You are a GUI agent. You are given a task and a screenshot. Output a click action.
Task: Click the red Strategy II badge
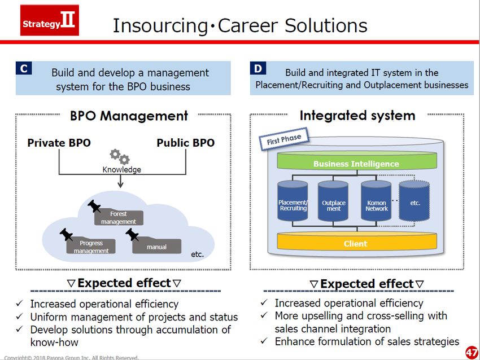(x=50, y=20)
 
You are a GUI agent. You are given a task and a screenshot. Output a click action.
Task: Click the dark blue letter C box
(x=24, y=68)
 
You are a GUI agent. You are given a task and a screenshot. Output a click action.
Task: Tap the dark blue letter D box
(x=258, y=68)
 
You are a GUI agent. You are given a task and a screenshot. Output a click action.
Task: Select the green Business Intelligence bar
(x=357, y=161)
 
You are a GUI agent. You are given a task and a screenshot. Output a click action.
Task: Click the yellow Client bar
(x=357, y=242)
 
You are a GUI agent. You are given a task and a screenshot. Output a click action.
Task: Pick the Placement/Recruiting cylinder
(x=293, y=201)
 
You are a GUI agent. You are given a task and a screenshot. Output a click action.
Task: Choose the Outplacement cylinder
(x=333, y=201)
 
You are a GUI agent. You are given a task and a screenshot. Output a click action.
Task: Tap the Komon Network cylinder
(x=376, y=201)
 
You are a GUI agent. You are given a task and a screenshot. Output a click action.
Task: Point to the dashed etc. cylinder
(x=414, y=201)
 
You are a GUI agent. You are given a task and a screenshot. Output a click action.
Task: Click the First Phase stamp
(x=284, y=139)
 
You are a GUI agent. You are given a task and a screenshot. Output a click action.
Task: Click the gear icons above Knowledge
(x=120, y=157)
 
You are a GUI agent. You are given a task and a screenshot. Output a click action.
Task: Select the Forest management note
(x=119, y=217)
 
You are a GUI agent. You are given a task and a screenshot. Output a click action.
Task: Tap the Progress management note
(x=91, y=246)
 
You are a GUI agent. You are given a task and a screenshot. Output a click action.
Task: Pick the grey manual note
(x=157, y=245)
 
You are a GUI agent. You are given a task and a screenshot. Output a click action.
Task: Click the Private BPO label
(x=59, y=143)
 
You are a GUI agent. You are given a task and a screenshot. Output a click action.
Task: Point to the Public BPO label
(x=186, y=143)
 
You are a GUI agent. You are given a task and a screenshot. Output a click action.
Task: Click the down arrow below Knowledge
(x=121, y=181)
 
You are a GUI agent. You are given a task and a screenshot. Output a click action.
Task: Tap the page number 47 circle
(x=472, y=353)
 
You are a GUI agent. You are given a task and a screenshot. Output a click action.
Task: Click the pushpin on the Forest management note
(x=94, y=206)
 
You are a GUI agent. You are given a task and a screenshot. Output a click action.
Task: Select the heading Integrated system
(x=357, y=116)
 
